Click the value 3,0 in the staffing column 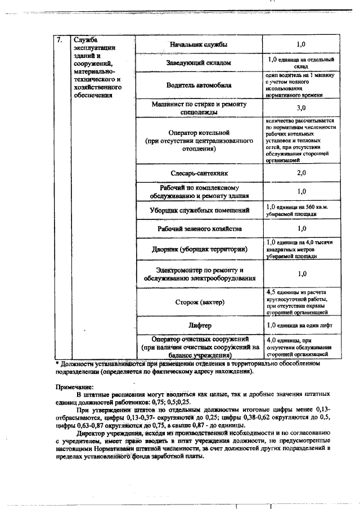(301, 108)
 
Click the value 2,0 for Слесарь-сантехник (301, 173)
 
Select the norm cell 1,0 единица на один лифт (301, 326)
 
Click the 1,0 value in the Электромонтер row (301, 274)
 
